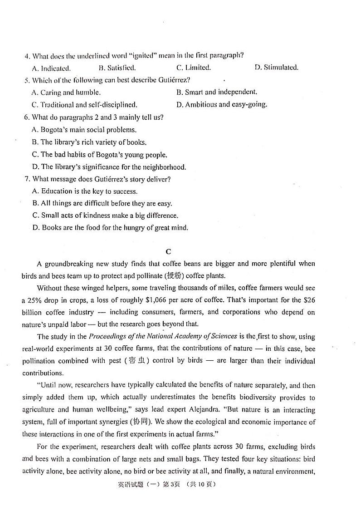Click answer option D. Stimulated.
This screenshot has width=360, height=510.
click(276, 68)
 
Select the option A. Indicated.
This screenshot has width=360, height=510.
click(51, 69)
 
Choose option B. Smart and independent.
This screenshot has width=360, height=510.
click(217, 92)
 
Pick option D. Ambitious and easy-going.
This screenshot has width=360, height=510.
click(222, 104)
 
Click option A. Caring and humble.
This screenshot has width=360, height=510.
click(66, 93)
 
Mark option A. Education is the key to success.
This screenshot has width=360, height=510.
click(85, 191)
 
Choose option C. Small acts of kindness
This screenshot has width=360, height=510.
click(105, 216)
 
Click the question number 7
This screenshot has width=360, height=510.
click(27, 179)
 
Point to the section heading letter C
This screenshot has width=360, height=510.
click(168, 251)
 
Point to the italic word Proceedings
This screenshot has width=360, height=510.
click(107, 337)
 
